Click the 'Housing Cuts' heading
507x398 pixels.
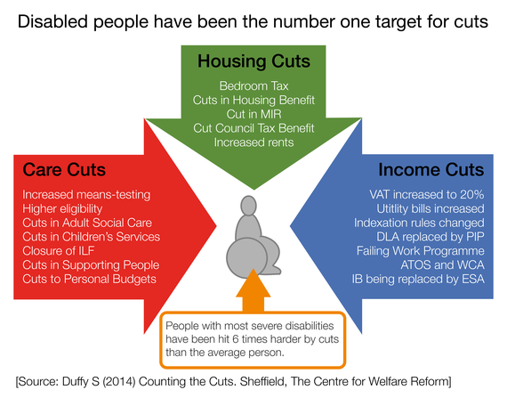(x=253, y=61)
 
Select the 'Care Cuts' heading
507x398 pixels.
(x=64, y=169)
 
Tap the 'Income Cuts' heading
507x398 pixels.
(x=431, y=169)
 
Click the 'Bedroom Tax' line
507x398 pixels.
(x=253, y=86)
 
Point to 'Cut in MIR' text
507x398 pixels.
(x=253, y=114)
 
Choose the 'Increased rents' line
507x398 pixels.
(x=253, y=142)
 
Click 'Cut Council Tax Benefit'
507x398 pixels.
(x=253, y=128)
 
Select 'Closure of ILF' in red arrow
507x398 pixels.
(x=58, y=251)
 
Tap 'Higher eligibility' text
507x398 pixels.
(x=62, y=208)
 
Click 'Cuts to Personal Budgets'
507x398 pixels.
(x=89, y=279)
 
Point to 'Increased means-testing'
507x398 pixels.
(x=86, y=195)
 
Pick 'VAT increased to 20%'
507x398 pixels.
(x=427, y=194)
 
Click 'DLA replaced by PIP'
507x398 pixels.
(x=431, y=237)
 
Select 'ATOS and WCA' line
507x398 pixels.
(x=442, y=264)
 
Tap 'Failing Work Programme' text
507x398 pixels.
(x=421, y=251)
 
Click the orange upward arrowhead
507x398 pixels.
(x=253, y=283)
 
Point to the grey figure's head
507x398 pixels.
(x=249, y=206)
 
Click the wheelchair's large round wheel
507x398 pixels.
(x=246, y=258)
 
